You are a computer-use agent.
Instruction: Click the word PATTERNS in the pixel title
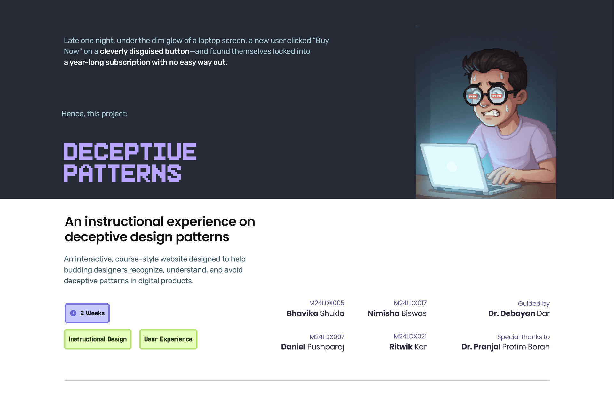coord(122,173)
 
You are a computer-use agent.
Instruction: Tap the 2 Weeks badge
coord(87,313)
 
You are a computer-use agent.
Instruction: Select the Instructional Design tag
coord(98,339)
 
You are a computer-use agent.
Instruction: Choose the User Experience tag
coord(168,339)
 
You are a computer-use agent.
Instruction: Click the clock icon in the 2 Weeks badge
coord(73,313)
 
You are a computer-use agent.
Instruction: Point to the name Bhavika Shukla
coord(315,313)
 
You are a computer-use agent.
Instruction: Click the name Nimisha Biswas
coord(397,313)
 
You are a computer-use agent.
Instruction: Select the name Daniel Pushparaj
coord(313,347)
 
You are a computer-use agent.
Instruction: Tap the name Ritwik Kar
coord(408,347)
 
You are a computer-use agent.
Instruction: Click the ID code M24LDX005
coord(327,303)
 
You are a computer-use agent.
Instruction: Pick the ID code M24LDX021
coord(410,336)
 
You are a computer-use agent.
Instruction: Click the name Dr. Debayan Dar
coord(519,313)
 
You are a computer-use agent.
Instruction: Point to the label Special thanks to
coord(523,337)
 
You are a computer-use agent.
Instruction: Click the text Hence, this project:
coord(94,114)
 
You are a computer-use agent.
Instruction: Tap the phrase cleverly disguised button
coord(145,51)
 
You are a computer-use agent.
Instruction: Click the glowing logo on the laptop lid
coord(452,166)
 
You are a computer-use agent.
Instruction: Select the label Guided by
coord(534,304)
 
